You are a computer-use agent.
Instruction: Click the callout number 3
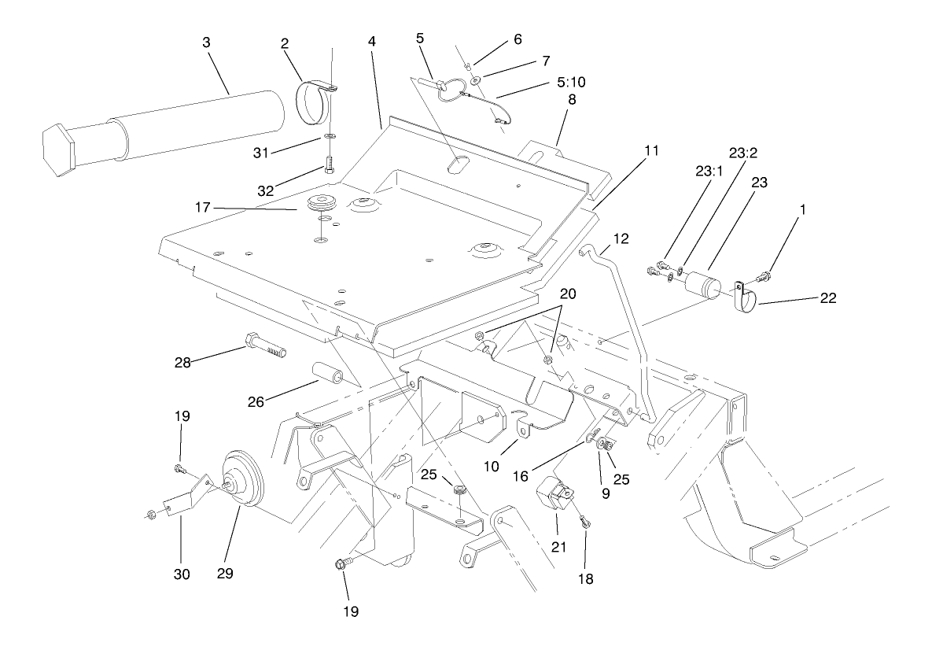206,42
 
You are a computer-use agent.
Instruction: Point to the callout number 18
587,579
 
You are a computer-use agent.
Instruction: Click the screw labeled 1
763,277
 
